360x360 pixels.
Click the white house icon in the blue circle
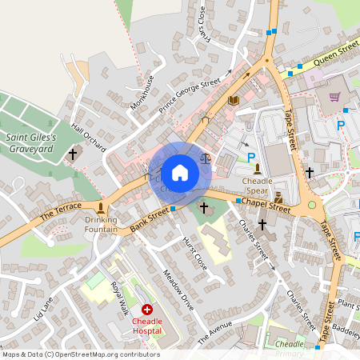[x=180, y=173]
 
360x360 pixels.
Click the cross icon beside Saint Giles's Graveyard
[x=73, y=153]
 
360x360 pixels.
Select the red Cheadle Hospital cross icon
[x=147, y=309]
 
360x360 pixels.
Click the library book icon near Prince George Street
[x=233, y=100]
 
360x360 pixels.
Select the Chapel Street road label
[x=266, y=205]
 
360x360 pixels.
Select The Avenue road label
[x=214, y=330]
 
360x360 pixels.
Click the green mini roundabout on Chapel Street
[x=312, y=206]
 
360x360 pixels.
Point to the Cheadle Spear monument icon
[x=257, y=167]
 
